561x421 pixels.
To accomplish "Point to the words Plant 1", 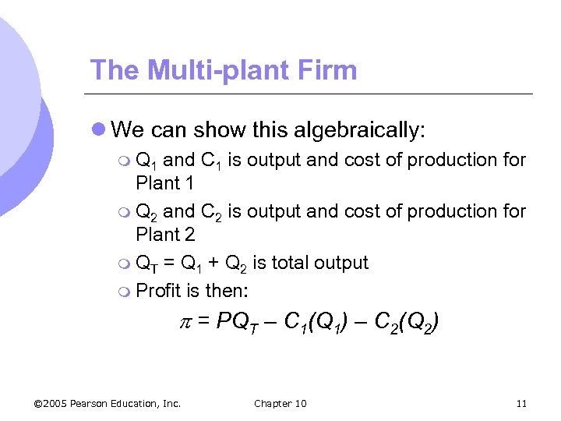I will tap(165, 183).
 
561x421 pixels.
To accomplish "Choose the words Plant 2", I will tap(165, 234).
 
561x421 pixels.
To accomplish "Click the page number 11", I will tap(521, 403).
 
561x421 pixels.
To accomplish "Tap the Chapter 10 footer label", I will tap(280, 403).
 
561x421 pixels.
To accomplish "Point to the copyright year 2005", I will tap(57, 403).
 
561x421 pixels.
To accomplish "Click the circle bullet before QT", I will tap(125, 264).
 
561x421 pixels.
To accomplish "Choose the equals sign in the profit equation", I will tap(202, 321).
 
